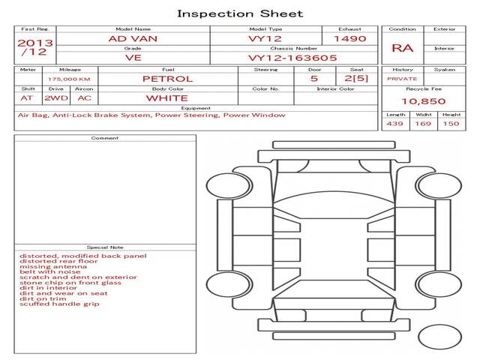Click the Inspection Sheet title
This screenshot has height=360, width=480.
[240, 13]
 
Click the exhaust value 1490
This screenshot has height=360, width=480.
[349, 38]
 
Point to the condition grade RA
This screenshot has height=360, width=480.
[402, 48]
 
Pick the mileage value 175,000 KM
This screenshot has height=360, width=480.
[69, 79]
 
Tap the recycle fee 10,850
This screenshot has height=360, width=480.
[424, 101]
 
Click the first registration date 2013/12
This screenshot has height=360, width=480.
[34, 47]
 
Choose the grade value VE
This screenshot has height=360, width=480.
[133, 57]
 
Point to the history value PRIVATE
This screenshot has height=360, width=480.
[402, 79]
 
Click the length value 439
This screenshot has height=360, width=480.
[395, 124]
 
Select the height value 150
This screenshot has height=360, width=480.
[451, 124]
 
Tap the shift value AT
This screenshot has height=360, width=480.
[27, 97]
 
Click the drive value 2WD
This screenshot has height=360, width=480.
[54, 97]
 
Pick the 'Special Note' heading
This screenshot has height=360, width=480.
[105, 247]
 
